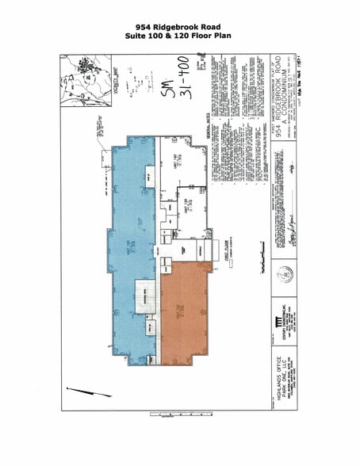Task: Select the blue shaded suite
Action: click(x=131, y=238)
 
